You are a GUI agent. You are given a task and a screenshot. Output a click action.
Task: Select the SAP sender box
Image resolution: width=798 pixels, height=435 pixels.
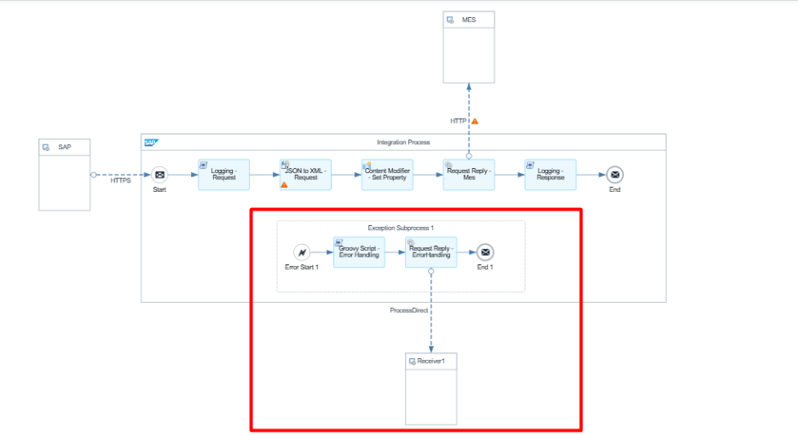[65, 174]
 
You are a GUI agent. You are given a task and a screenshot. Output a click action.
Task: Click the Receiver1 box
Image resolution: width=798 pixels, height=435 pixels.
[431, 388]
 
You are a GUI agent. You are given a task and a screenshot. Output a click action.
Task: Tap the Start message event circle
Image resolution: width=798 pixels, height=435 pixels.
[159, 175]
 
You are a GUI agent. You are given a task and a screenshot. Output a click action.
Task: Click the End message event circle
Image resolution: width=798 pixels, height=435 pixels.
[615, 175]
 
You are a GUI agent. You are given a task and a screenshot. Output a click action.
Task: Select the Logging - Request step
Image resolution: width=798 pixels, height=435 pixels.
[223, 175]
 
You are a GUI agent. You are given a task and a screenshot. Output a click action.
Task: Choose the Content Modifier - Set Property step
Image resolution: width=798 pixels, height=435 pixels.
[387, 175]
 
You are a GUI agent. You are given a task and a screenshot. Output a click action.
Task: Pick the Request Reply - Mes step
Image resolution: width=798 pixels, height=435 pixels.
[468, 175]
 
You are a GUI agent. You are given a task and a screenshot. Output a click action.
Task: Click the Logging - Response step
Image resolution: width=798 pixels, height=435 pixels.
[550, 175]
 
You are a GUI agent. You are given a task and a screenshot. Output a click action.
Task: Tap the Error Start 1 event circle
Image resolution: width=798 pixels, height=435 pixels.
[301, 252]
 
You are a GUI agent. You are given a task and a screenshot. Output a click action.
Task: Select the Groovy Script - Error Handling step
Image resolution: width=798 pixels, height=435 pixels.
[358, 252]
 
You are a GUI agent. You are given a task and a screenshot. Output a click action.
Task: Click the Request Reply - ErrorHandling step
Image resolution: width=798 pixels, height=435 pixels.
[431, 252]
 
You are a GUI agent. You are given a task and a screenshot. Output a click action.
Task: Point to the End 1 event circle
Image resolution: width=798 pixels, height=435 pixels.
[485, 252]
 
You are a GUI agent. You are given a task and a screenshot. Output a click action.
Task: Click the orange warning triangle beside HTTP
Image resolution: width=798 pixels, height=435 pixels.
[475, 121]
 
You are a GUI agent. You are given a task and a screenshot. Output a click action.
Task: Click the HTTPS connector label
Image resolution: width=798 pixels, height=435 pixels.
[120, 181]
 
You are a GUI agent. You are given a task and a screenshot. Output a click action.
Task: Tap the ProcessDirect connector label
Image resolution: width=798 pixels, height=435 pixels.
[408, 310]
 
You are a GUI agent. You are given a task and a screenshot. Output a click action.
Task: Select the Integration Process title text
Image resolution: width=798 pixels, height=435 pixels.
[403, 142]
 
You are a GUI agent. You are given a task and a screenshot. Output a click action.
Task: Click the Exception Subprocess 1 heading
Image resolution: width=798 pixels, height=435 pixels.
[401, 229]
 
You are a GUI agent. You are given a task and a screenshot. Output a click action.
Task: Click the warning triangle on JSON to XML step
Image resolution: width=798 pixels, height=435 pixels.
[285, 185]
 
